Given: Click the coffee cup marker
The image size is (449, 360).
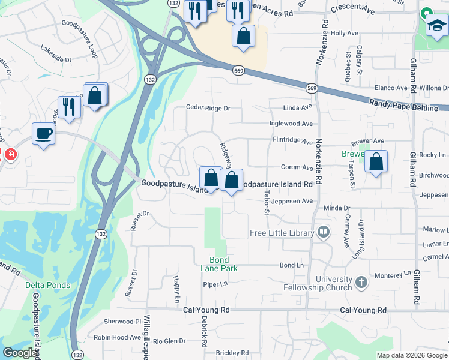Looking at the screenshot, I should pos(44,134).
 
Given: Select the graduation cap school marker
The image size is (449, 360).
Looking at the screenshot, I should pos(437,26).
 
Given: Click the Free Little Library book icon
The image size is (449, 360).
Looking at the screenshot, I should pos(324,232).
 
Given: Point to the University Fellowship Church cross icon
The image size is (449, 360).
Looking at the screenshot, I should pos(361,282).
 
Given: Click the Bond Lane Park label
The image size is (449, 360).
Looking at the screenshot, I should pos(219,264).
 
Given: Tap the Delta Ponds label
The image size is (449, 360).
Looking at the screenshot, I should pos(48,285).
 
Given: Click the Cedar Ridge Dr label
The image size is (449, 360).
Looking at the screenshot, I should pos(208,108).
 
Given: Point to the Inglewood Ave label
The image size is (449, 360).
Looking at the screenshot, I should pos(292,124).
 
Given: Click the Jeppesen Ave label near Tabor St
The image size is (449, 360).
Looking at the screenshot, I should pos(292,201).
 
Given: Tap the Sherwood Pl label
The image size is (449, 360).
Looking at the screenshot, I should pos(122,322).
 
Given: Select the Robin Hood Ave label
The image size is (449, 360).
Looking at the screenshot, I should pos(117,338).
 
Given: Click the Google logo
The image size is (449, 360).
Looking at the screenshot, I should pos(20,353).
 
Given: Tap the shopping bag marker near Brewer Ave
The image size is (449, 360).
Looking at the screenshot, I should pos(376,162).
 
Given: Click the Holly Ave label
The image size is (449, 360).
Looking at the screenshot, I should pos(345,34).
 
